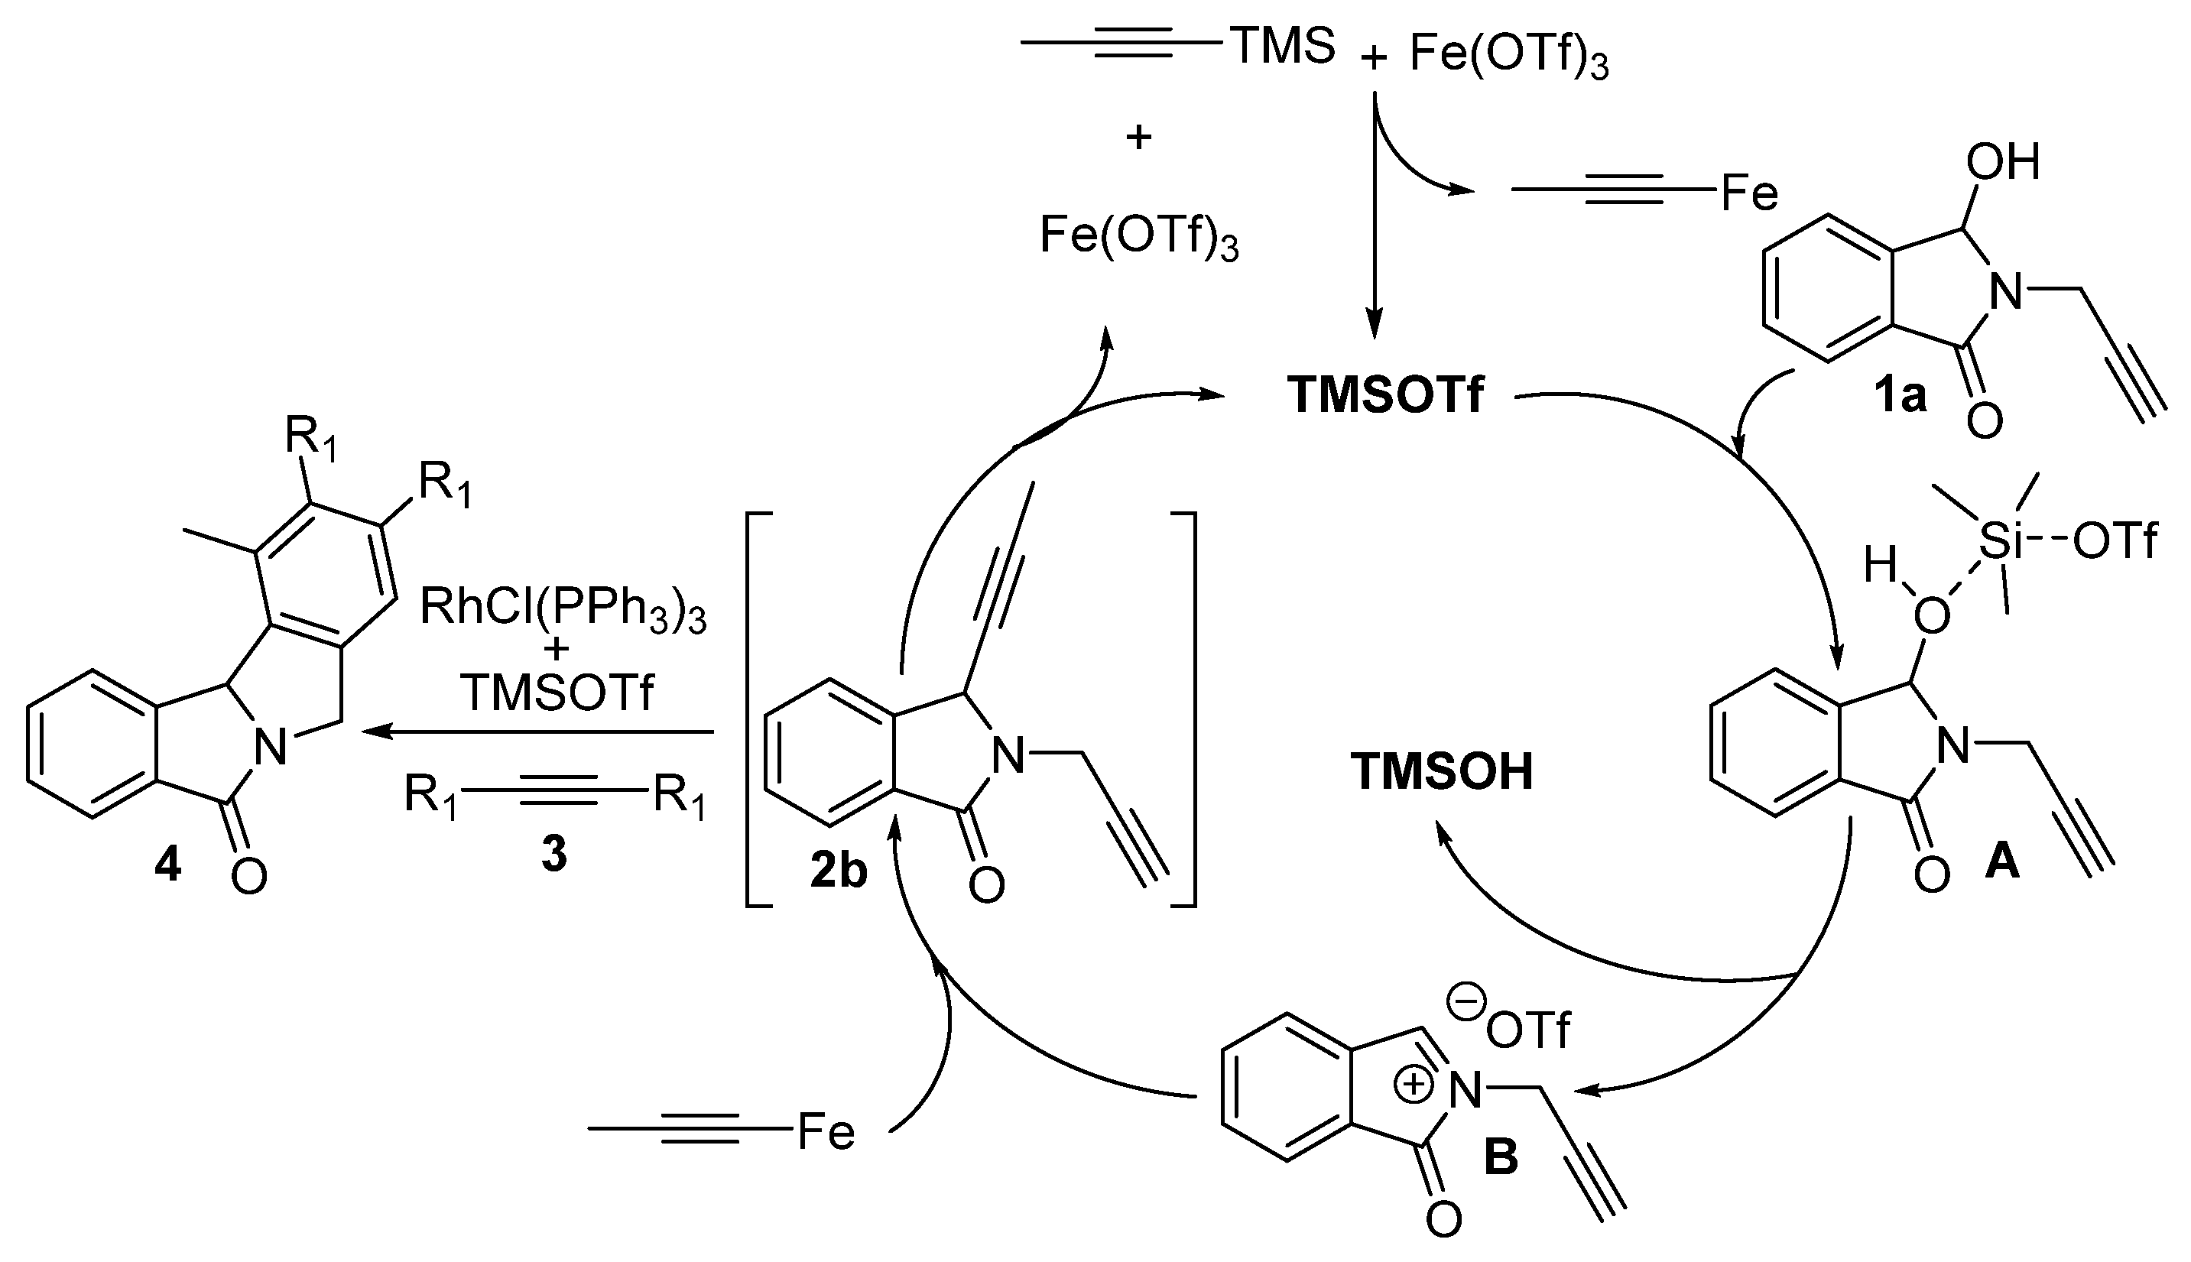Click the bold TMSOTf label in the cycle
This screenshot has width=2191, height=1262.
1385,395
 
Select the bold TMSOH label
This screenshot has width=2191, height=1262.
1442,771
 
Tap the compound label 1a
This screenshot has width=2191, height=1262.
1900,395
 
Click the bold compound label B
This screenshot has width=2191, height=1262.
1501,1157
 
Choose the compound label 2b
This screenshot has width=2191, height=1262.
838,870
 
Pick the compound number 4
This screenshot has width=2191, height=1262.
167,865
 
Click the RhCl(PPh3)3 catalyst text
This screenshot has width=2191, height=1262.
563,608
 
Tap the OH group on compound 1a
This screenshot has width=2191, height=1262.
2002,162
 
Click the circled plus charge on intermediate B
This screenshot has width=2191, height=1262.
1414,1085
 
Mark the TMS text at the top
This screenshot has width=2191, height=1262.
1282,46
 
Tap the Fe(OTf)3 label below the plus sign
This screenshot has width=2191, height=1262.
1139,235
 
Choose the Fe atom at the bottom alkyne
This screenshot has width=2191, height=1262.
825,1131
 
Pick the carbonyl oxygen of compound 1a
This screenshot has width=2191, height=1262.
1984,422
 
